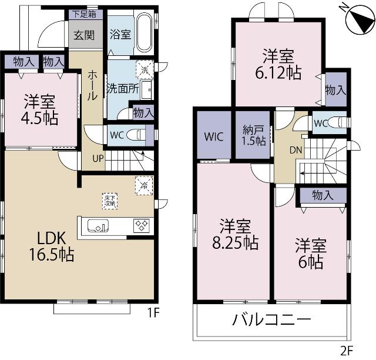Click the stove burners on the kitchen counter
pos(142,225)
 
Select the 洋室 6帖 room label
pos(309,253)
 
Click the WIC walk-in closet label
pos(213,137)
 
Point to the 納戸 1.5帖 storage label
pos(253,135)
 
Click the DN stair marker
pos(296,150)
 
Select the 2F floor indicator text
pos(347,350)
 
